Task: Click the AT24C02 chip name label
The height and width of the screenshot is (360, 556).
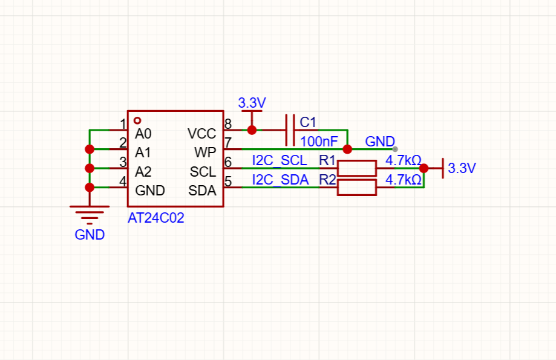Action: [x=156, y=218]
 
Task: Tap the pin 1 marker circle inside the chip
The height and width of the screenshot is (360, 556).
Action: [x=137, y=120]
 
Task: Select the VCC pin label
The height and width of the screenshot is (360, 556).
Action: [x=201, y=134]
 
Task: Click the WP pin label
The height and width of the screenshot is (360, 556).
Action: [x=205, y=152]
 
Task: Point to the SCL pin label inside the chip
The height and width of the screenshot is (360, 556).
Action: [x=203, y=172]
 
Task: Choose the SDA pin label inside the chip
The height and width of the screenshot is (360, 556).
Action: [x=202, y=191]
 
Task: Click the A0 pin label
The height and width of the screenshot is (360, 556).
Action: [x=143, y=134]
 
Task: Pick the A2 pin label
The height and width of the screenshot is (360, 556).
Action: [x=143, y=172]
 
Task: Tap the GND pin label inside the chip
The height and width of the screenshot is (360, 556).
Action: [x=150, y=191]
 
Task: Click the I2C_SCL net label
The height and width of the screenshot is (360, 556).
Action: [x=280, y=160]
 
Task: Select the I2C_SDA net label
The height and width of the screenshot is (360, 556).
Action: [x=280, y=180]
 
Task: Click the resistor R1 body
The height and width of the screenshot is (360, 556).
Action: [x=357, y=168]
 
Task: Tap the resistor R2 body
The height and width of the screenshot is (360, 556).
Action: [x=357, y=188]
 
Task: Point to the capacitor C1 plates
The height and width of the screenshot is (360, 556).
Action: [x=290, y=130]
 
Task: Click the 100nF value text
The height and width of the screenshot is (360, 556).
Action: [x=319, y=142]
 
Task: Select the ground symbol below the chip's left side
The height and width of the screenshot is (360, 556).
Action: [x=90, y=215]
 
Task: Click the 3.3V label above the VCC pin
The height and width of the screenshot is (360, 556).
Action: [x=252, y=103]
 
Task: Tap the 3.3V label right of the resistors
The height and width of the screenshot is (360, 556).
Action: [x=462, y=168]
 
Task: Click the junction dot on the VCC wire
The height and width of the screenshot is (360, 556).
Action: [x=252, y=130]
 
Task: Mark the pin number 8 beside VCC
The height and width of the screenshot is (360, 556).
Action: [x=228, y=124]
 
